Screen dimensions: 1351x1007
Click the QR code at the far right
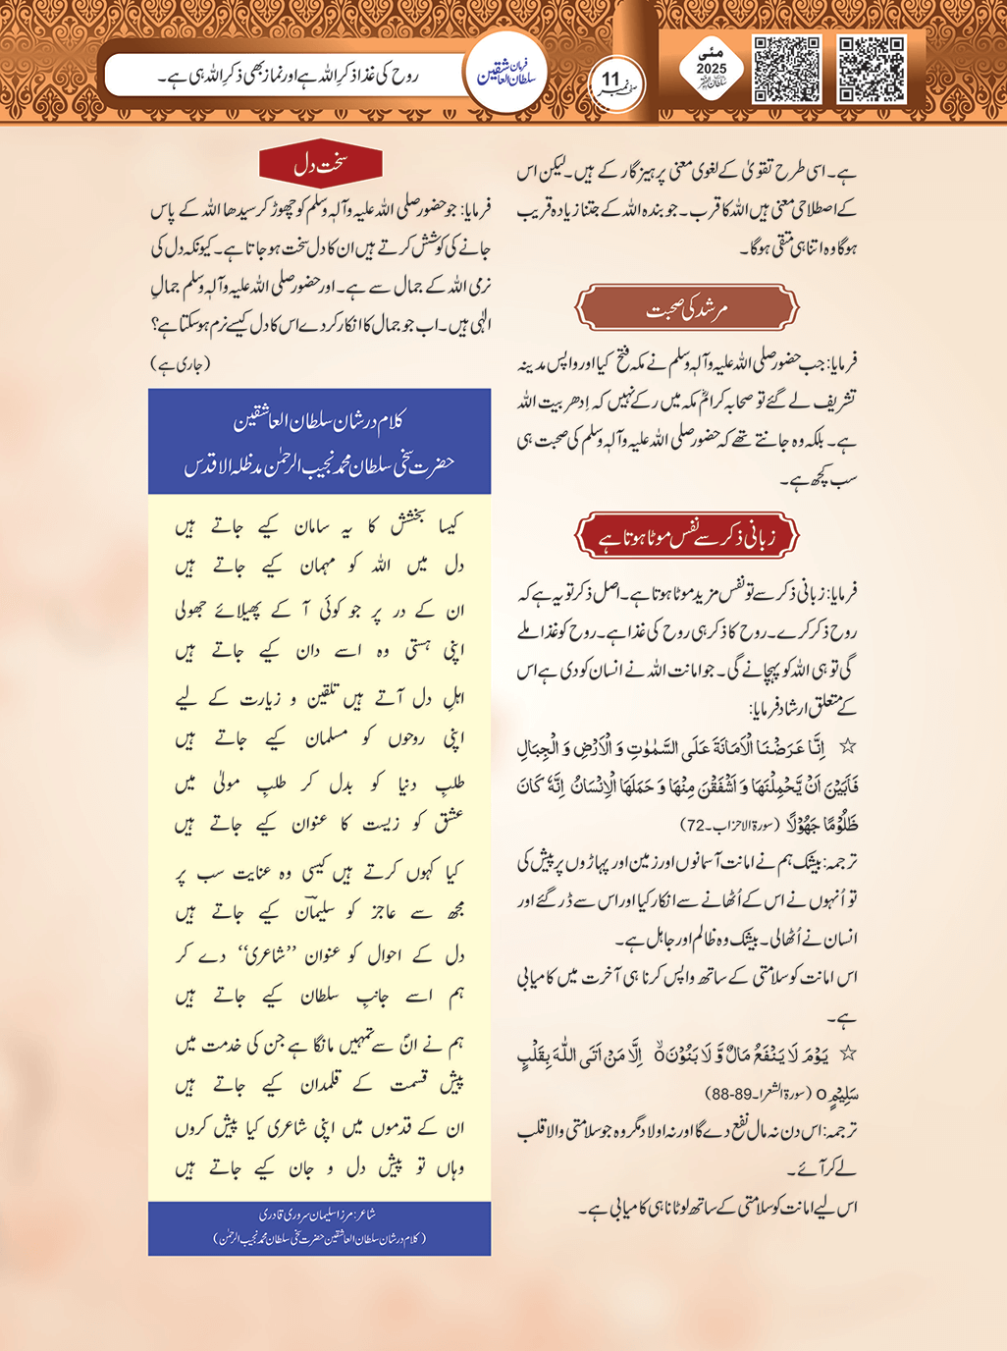(x=871, y=69)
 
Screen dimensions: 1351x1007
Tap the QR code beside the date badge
(x=786, y=69)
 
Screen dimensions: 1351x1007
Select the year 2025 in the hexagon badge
(x=712, y=69)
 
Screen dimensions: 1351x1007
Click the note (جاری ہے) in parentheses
(x=181, y=364)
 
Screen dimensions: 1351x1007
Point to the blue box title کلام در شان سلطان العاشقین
(x=319, y=422)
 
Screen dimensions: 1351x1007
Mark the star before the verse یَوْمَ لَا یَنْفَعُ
(x=847, y=1054)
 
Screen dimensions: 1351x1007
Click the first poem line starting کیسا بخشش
(x=319, y=527)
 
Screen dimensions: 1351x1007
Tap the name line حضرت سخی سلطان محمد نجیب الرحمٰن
(x=319, y=464)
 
